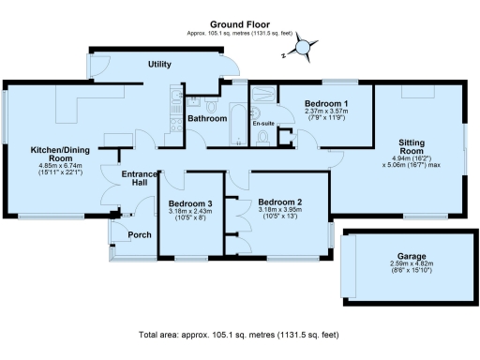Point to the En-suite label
tap(262, 123)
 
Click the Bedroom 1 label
tap(326, 103)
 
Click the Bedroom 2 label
tap(279, 202)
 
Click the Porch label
tap(140, 234)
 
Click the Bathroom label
tap(206, 119)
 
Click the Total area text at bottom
tap(239, 335)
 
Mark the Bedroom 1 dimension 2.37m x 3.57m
tap(326, 112)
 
